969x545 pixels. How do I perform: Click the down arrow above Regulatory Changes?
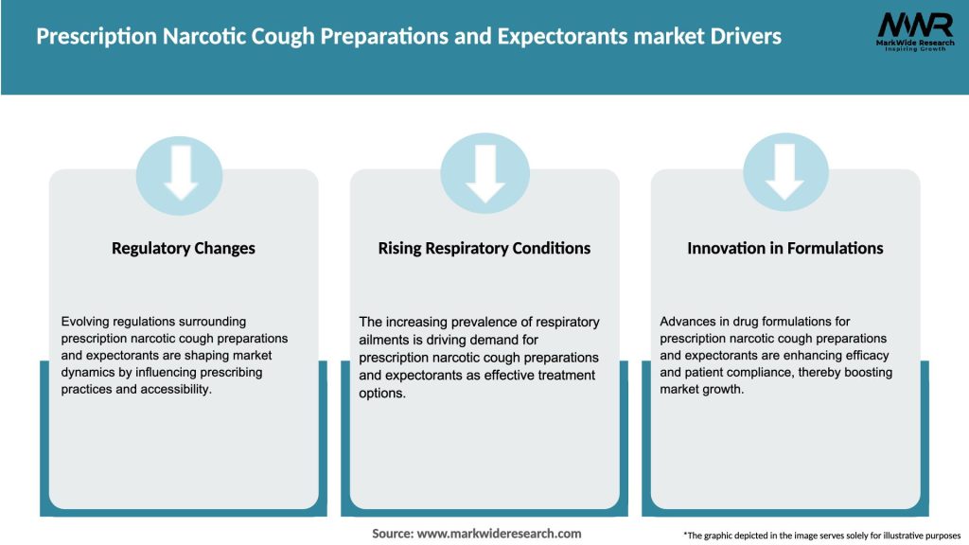[x=181, y=173]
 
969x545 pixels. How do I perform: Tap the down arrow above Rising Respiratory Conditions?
[x=484, y=173]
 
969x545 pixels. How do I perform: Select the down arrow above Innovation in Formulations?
[x=785, y=173]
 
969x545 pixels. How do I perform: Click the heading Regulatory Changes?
[x=184, y=249]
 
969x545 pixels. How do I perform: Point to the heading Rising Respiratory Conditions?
[x=484, y=249]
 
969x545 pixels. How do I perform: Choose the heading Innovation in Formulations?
[x=785, y=249]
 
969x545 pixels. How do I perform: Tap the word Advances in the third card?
[x=688, y=322]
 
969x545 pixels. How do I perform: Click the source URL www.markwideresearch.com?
[x=500, y=534]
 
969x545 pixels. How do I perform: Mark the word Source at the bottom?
[x=393, y=534]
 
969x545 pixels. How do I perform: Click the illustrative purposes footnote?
[x=821, y=536]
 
